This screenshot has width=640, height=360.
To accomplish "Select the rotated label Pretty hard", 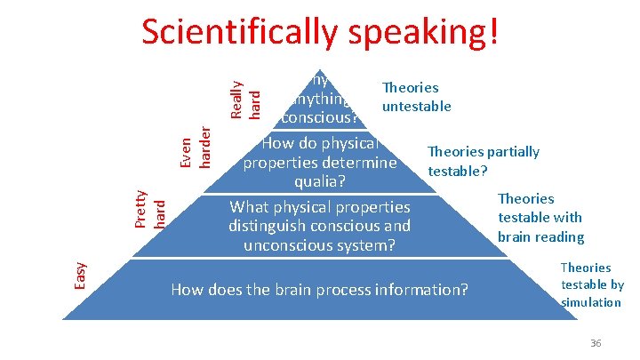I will (149, 207).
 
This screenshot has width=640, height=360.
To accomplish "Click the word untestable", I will (416, 107).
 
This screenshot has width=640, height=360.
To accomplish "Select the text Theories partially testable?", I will (483, 161).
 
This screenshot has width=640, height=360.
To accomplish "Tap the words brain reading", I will (540, 236).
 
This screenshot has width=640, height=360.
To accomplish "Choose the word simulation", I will (591, 302).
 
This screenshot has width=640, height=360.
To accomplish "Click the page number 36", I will (596, 343).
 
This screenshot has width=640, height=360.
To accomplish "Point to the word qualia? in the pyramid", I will (320, 182).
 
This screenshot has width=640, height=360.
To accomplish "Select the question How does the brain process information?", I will (319, 289).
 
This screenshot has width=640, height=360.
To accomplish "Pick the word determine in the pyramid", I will (361, 163).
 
